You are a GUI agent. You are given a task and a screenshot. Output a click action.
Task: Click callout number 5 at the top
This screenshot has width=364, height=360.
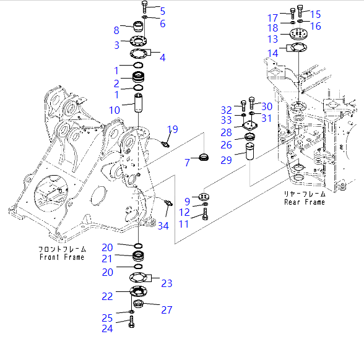[x=162, y=11]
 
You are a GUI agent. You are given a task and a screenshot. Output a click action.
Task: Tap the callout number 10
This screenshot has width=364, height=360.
[x=115, y=110]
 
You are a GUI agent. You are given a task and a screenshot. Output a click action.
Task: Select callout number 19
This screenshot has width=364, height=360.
[x=173, y=129]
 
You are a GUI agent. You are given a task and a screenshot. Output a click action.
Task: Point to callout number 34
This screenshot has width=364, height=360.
[x=163, y=226]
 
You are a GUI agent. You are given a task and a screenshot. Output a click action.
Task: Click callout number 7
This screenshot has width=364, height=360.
[x=187, y=162]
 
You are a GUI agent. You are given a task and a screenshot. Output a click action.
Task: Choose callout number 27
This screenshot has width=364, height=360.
[x=167, y=310]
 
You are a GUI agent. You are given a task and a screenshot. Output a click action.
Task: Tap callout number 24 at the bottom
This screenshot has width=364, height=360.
[x=107, y=328]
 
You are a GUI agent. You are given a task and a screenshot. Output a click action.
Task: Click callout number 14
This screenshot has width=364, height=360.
[x=273, y=53]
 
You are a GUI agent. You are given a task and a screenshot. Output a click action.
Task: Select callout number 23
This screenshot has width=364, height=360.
[x=167, y=283]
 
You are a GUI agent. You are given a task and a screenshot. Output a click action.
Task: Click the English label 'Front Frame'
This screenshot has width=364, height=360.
[x=61, y=257]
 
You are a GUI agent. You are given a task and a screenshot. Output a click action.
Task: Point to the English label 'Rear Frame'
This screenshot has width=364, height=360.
[x=304, y=202]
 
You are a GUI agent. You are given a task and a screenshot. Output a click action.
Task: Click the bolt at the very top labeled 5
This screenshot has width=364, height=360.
[x=144, y=8]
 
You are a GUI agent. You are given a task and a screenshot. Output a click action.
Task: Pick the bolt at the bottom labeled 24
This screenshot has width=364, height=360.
[x=132, y=322]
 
